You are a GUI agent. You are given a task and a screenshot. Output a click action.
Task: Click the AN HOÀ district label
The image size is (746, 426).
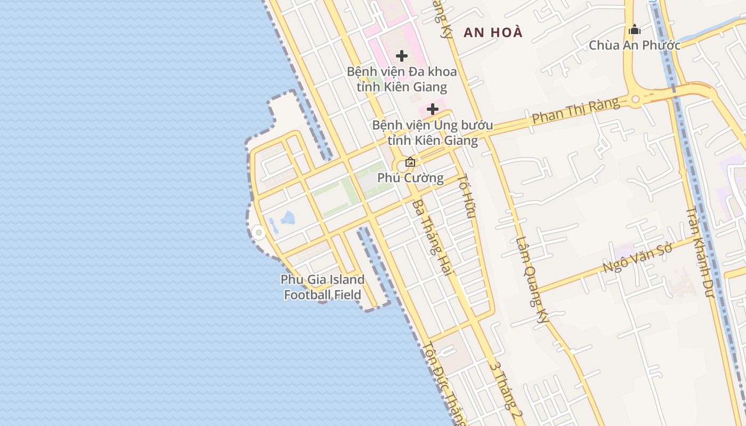[493, 32]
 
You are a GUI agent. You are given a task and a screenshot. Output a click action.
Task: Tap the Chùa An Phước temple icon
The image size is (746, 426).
[634, 29]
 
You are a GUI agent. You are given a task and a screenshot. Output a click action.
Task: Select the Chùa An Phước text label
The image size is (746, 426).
[634, 45]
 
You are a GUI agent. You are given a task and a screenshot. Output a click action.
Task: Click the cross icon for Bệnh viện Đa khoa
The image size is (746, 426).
[402, 55]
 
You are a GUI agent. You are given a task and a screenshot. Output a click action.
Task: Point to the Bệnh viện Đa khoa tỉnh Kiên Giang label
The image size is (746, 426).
[402, 79]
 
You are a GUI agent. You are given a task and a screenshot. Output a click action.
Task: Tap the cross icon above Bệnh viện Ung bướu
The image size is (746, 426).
[433, 109]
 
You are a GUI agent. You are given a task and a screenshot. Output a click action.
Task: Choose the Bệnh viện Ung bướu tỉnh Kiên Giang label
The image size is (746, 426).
[433, 133]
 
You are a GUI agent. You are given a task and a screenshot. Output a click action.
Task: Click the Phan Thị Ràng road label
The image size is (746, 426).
[575, 111]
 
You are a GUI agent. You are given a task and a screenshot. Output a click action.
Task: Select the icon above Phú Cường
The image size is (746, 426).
[410, 162]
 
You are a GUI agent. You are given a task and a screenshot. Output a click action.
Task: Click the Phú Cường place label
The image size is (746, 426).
[410, 178]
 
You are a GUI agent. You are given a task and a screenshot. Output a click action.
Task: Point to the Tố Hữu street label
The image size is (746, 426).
[466, 195]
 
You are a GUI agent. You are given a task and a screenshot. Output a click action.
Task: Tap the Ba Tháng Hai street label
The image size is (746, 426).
[432, 237]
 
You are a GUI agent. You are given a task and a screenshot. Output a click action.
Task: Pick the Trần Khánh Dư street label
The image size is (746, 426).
[700, 251]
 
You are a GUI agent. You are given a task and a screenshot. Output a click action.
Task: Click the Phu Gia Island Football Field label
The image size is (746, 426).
[322, 287]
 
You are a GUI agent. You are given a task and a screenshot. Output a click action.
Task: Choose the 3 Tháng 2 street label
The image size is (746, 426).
[505, 391]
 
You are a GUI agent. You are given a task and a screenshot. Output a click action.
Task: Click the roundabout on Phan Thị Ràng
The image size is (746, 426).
[635, 99]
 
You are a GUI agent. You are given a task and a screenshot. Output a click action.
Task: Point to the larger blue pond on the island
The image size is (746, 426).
[288, 217]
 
